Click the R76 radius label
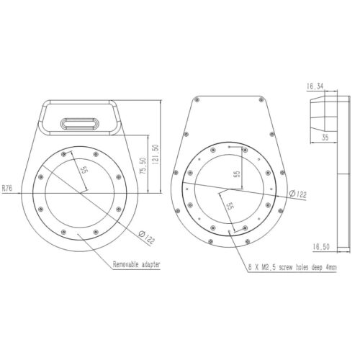tap(7, 188)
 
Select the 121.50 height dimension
tap(156, 154)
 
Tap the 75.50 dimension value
tap(143, 166)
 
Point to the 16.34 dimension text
tap(315, 86)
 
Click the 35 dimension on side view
tap(325, 138)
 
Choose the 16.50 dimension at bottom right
tap(321, 246)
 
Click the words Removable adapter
tap(136, 264)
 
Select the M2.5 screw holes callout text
tap(292, 267)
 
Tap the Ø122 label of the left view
tap(147, 237)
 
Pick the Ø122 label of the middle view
tap(298, 194)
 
